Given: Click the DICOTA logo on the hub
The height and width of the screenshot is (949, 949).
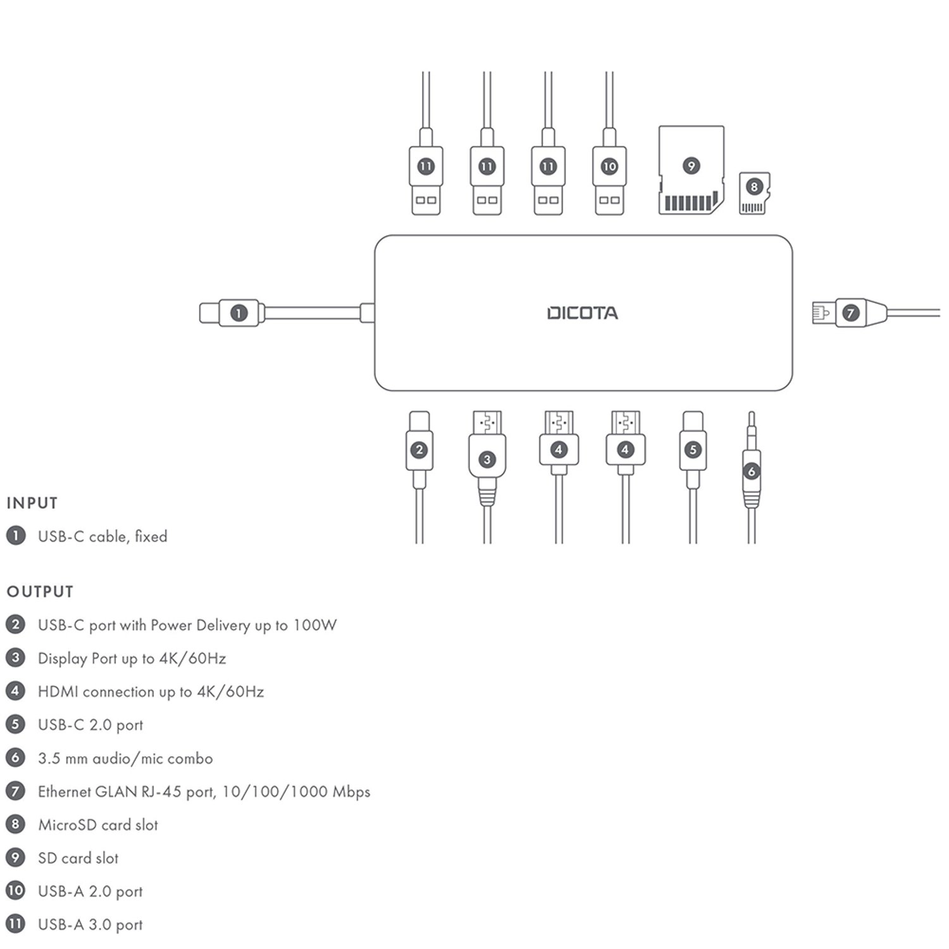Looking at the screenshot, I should [x=582, y=313].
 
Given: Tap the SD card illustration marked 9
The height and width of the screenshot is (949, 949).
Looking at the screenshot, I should [x=691, y=170].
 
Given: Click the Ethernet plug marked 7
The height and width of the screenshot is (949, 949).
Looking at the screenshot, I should [x=851, y=313].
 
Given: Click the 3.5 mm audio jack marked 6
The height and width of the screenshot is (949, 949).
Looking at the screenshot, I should [x=751, y=471].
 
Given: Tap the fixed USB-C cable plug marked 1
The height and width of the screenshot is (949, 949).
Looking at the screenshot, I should [x=239, y=313].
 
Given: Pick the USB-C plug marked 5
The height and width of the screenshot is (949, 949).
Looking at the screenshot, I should [x=693, y=450].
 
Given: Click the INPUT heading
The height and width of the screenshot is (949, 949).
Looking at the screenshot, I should [x=32, y=504].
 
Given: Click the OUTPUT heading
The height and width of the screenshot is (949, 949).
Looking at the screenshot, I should [x=40, y=592].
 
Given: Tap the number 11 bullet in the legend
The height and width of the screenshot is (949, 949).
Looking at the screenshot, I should [x=15, y=924].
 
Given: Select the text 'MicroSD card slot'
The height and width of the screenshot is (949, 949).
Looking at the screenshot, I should [x=98, y=825].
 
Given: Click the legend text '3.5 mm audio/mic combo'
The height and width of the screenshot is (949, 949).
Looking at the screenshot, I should [x=125, y=759].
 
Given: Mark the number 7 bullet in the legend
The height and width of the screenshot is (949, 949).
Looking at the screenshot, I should [x=15, y=791].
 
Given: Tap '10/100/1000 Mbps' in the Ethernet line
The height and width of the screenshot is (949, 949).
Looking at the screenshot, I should [x=296, y=791].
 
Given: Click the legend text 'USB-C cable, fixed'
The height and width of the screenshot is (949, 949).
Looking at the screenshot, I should [x=102, y=537].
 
